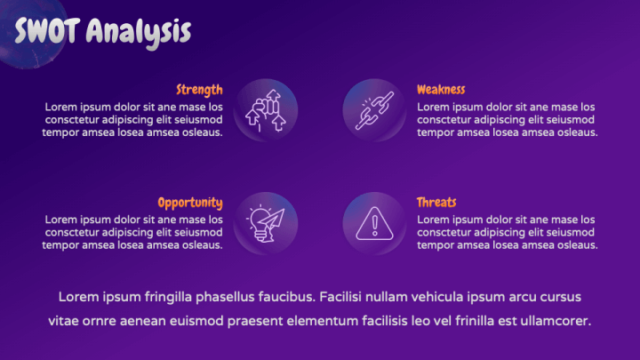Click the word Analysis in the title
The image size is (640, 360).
tap(139, 33)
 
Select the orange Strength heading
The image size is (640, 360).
tap(200, 90)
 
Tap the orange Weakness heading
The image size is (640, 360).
tap(441, 90)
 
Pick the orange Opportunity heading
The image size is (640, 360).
tap(190, 203)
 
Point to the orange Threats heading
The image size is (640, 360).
tap(436, 202)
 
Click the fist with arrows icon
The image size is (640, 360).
tap(265, 110)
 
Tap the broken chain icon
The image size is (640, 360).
tap(374, 110)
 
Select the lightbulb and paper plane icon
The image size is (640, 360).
tap(265, 223)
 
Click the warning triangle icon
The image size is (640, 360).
tap(374, 223)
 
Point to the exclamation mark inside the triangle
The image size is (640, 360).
tap(374, 226)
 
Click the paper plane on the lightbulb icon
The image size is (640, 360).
tap(272, 220)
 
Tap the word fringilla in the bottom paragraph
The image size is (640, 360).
tap(168, 297)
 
